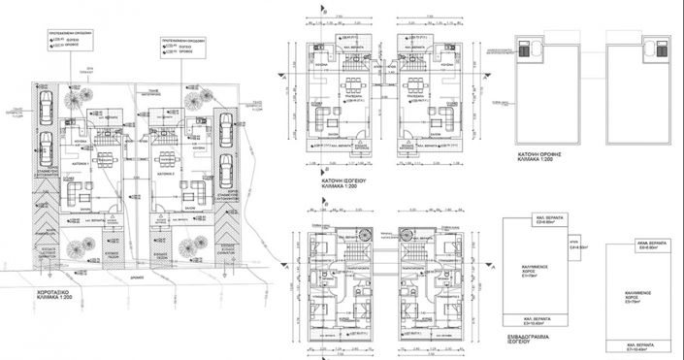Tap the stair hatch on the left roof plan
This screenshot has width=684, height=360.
[530, 49]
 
